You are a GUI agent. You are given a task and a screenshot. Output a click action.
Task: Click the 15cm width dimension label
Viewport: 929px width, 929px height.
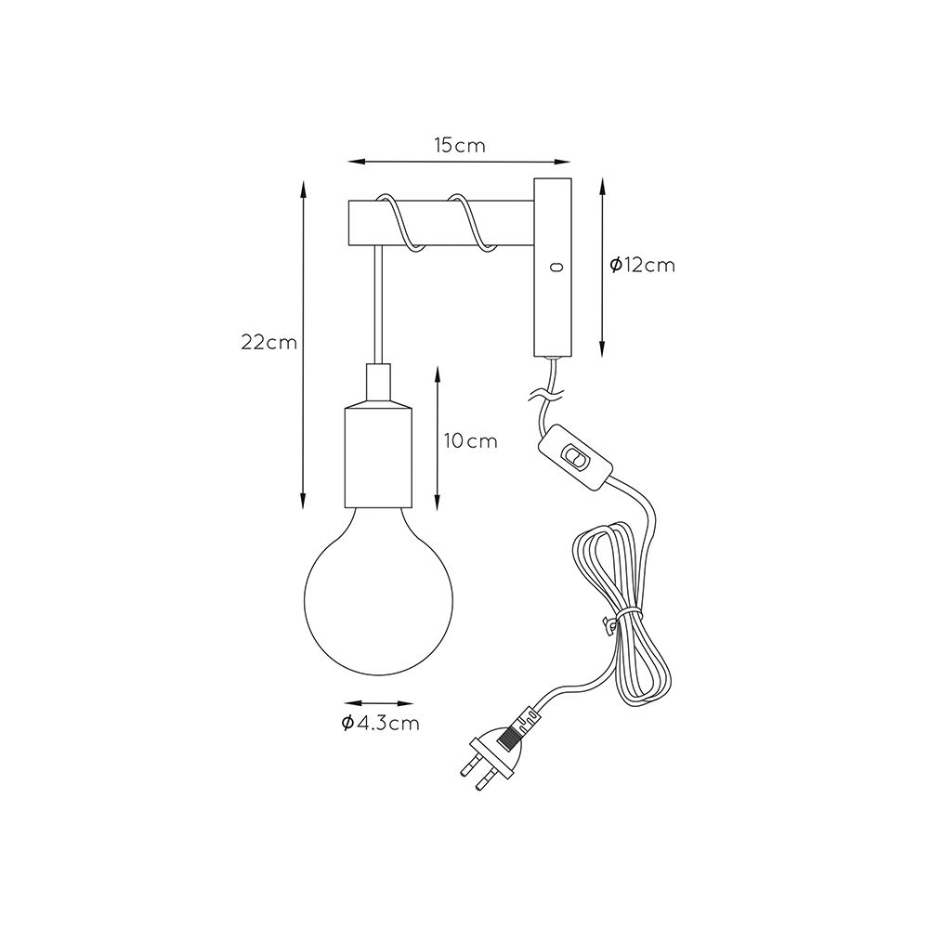click(x=460, y=145)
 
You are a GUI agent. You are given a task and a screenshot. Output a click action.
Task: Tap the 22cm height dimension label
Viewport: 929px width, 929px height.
click(x=269, y=343)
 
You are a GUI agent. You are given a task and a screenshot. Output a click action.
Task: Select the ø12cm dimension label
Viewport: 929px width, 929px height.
click(x=642, y=265)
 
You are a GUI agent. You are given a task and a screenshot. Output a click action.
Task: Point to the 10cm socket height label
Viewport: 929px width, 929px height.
click(x=471, y=441)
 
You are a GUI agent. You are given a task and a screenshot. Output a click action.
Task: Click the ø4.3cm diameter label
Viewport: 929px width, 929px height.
click(x=380, y=723)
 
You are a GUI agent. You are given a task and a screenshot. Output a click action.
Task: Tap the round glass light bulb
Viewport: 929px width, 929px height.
click(x=379, y=591)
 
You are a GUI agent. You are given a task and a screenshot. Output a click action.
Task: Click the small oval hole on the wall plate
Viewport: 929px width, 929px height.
click(x=556, y=268)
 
